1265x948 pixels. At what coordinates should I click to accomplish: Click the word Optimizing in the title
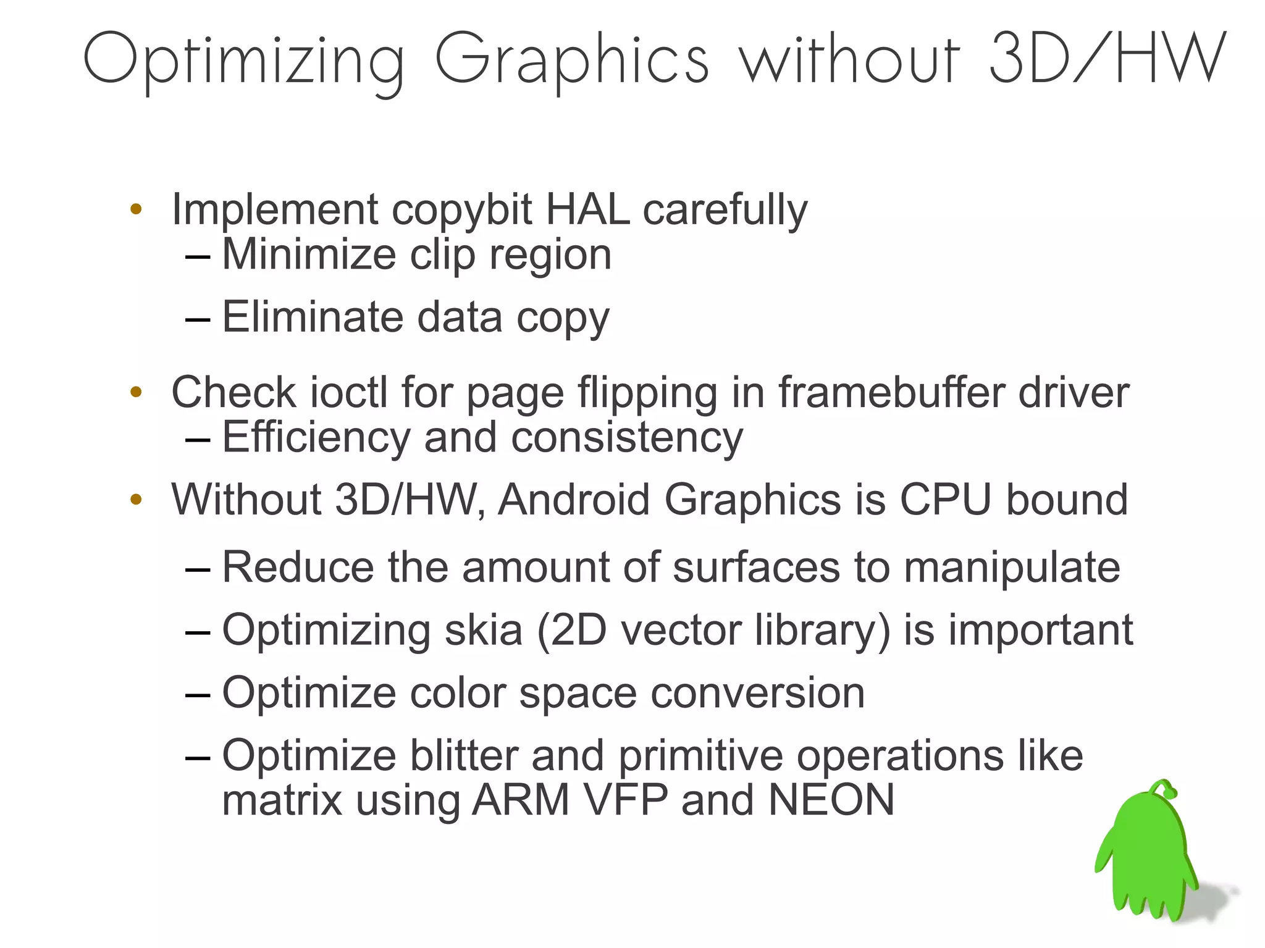(x=244, y=61)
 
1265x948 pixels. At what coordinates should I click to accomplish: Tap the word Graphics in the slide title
(x=571, y=61)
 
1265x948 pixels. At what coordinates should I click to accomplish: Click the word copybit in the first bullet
(x=461, y=210)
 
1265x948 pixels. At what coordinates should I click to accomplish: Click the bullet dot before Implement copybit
(x=137, y=209)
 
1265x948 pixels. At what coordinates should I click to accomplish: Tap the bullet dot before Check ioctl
(x=137, y=392)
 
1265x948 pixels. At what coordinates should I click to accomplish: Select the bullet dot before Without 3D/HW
(x=137, y=499)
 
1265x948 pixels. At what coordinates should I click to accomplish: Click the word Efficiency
(x=316, y=438)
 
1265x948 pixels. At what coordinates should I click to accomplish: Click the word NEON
(x=831, y=800)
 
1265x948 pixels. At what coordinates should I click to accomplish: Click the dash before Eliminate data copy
(x=198, y=319)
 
